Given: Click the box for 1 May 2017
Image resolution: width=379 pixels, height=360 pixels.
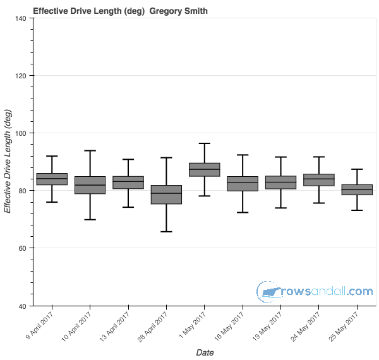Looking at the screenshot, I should point(204,169).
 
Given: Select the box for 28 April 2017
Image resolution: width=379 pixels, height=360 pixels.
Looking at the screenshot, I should point(166,195).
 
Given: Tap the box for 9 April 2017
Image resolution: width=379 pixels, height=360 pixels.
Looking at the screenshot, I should point(52,179).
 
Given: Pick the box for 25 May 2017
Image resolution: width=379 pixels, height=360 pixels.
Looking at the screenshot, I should point(357,189).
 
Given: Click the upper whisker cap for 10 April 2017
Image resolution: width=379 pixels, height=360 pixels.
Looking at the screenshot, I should point(90,150).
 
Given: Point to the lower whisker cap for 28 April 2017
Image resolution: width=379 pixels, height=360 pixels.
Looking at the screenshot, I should point(166,232).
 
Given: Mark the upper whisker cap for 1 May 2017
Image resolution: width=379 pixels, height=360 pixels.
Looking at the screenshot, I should point(204,143).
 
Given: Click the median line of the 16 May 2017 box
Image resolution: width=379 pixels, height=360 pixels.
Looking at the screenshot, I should point(243,183).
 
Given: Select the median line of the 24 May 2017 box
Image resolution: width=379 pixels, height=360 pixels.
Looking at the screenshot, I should point(318,179).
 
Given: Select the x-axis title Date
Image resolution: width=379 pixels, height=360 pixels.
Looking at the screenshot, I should point(204,352).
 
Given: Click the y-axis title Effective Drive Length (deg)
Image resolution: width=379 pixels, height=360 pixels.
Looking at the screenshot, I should point(8,162).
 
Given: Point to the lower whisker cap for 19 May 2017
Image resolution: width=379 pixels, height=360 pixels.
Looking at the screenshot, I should point(280,208).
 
